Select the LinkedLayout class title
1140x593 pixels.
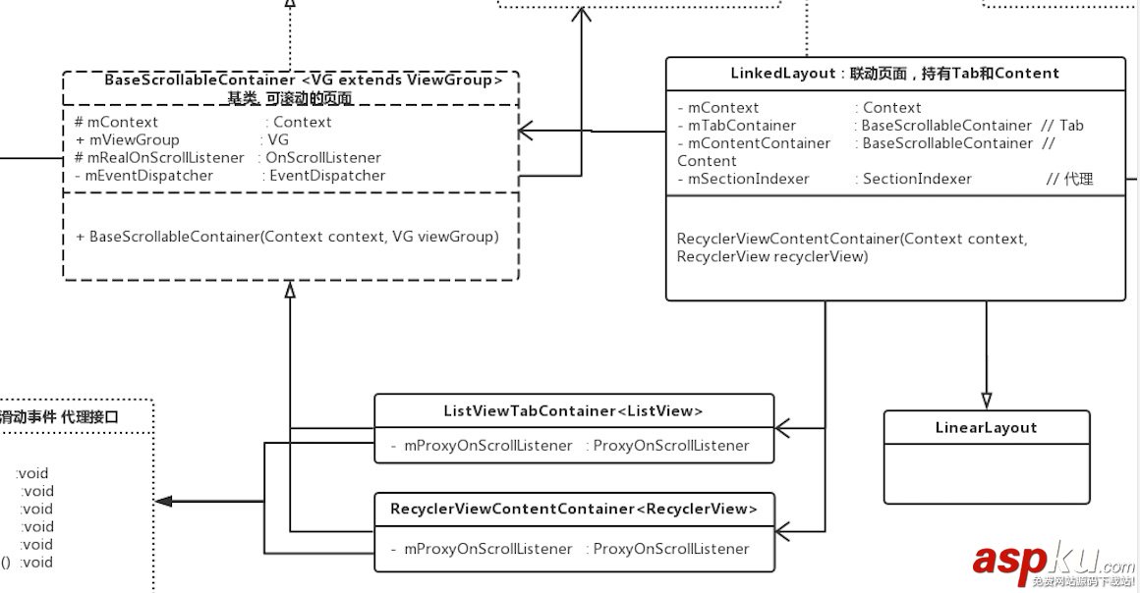coord(894,73)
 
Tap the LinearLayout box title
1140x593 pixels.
coord(986,427)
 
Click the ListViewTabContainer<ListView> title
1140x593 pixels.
coord(573,410)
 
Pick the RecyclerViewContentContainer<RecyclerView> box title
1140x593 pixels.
coord(574,509)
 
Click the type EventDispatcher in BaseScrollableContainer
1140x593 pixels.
coord(327,176)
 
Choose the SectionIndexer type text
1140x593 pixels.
coord(917,179)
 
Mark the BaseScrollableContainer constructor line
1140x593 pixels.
coord(287,237)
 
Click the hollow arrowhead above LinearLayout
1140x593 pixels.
coord(986,400)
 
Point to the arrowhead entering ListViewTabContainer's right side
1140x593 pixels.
coord(783,428)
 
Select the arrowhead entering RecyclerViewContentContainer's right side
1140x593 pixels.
coord(783,531)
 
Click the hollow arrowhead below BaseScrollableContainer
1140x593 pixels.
coord(289,289)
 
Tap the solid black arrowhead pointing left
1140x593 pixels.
coord(164,501)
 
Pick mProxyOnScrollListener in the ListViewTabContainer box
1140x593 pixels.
coord(487,446)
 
